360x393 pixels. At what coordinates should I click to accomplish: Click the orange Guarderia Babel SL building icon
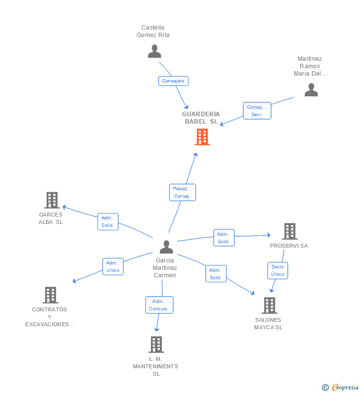[202, 137]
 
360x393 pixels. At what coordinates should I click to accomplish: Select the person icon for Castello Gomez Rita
[154, 51]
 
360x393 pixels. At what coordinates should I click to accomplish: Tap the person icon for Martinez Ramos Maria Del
[311, 90]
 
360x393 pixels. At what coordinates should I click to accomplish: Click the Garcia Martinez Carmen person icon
[166, 247]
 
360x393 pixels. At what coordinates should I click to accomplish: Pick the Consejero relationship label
[173, 81]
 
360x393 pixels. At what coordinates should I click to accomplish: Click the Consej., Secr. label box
[257, 111]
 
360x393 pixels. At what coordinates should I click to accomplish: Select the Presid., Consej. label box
[182, 192]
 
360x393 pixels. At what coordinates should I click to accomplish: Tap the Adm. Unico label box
[113, 266]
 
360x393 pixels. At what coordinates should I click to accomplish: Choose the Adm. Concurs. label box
[159, 305]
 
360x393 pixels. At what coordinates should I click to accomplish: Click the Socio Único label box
[277, 270]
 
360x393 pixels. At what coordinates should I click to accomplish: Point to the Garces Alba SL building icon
[52, 200]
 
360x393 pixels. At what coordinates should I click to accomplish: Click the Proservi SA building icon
[290, 231]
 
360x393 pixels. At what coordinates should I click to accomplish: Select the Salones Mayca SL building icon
[270, 306]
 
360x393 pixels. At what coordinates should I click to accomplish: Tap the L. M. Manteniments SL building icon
[156, 345]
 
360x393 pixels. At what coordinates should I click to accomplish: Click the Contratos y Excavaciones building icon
[50, 295]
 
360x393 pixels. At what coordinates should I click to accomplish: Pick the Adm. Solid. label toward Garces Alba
[108, 221]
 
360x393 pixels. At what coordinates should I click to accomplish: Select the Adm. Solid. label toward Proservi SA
[224, 238]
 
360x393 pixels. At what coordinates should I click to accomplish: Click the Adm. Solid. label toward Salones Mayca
[216, 274]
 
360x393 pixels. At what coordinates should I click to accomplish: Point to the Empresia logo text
[345, 387]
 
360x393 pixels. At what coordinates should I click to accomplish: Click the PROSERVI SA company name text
[289, 246]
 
